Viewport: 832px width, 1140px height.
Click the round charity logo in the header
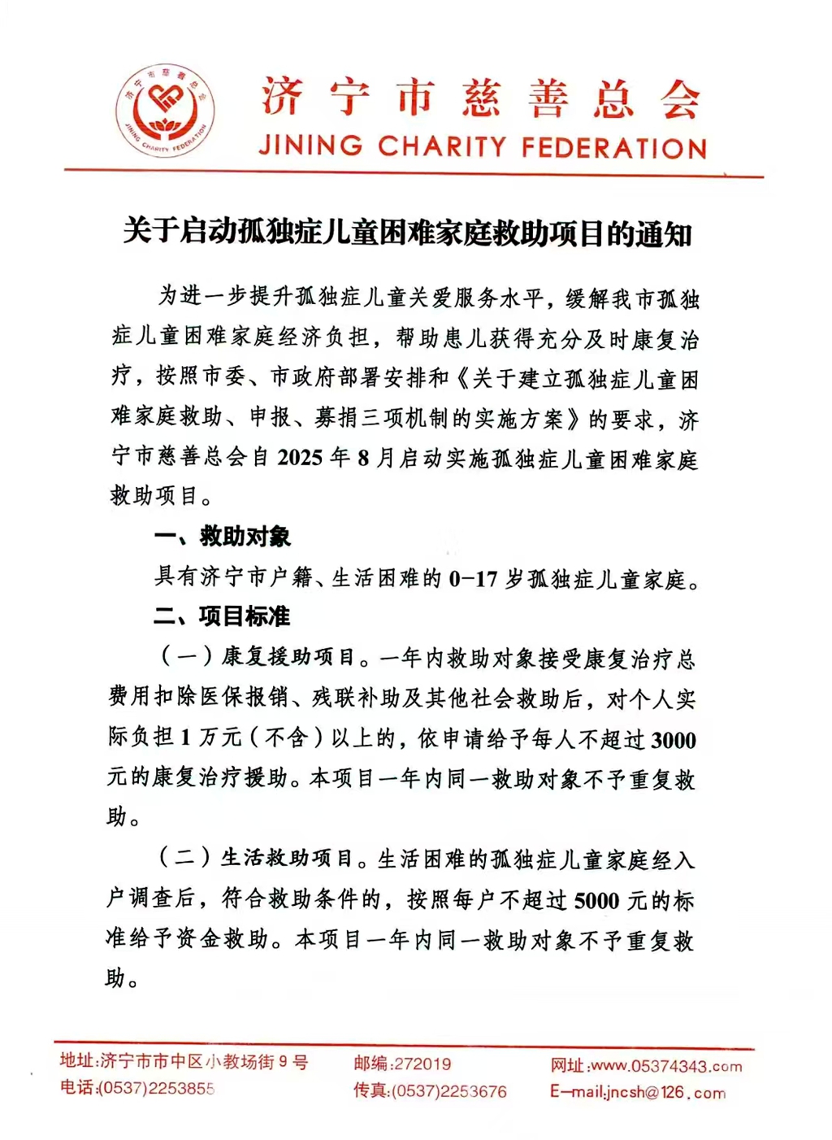point(166,109)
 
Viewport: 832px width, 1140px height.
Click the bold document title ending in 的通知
point(407,233)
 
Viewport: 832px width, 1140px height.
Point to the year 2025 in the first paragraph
point(301,459)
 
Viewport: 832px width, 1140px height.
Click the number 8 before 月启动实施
point(362,459)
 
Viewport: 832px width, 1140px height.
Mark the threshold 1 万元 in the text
point(210,738)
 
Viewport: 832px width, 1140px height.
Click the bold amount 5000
point(596,901)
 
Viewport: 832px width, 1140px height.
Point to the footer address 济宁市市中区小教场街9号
point(204,1062)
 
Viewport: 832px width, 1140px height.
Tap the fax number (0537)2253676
point(449,1091)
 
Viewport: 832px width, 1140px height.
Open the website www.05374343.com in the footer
point(666,1066)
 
